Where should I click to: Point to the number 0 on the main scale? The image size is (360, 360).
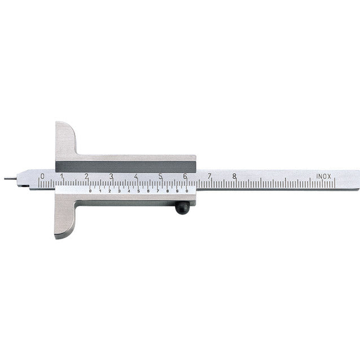click(x=42, y=176)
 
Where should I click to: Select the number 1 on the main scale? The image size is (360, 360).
click(x=62, y=176)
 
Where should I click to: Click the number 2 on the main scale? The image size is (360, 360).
click(x=86, y=176)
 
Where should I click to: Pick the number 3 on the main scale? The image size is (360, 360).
click(x=111, y=176)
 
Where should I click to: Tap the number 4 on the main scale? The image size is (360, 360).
click(x=135, y=176)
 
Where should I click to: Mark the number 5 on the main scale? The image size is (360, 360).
click(x=160, y=176)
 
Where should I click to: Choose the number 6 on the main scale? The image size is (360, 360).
click(x=185, y=176)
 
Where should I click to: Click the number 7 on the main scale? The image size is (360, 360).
click(x=209, y=176)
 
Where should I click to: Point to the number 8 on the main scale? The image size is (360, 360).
click(x=234, y=176)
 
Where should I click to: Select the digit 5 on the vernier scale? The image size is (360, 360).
click(x=138, y=191)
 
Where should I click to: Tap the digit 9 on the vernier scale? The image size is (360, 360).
click(x=177, y=191)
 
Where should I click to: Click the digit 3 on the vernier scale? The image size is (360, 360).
click(x=119, y=191)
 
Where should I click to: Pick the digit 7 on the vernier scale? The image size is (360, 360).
click(x=157, y=191)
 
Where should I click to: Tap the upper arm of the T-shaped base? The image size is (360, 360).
click(x=65, y=141)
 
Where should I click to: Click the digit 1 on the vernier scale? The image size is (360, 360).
click(x=100, y=191)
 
